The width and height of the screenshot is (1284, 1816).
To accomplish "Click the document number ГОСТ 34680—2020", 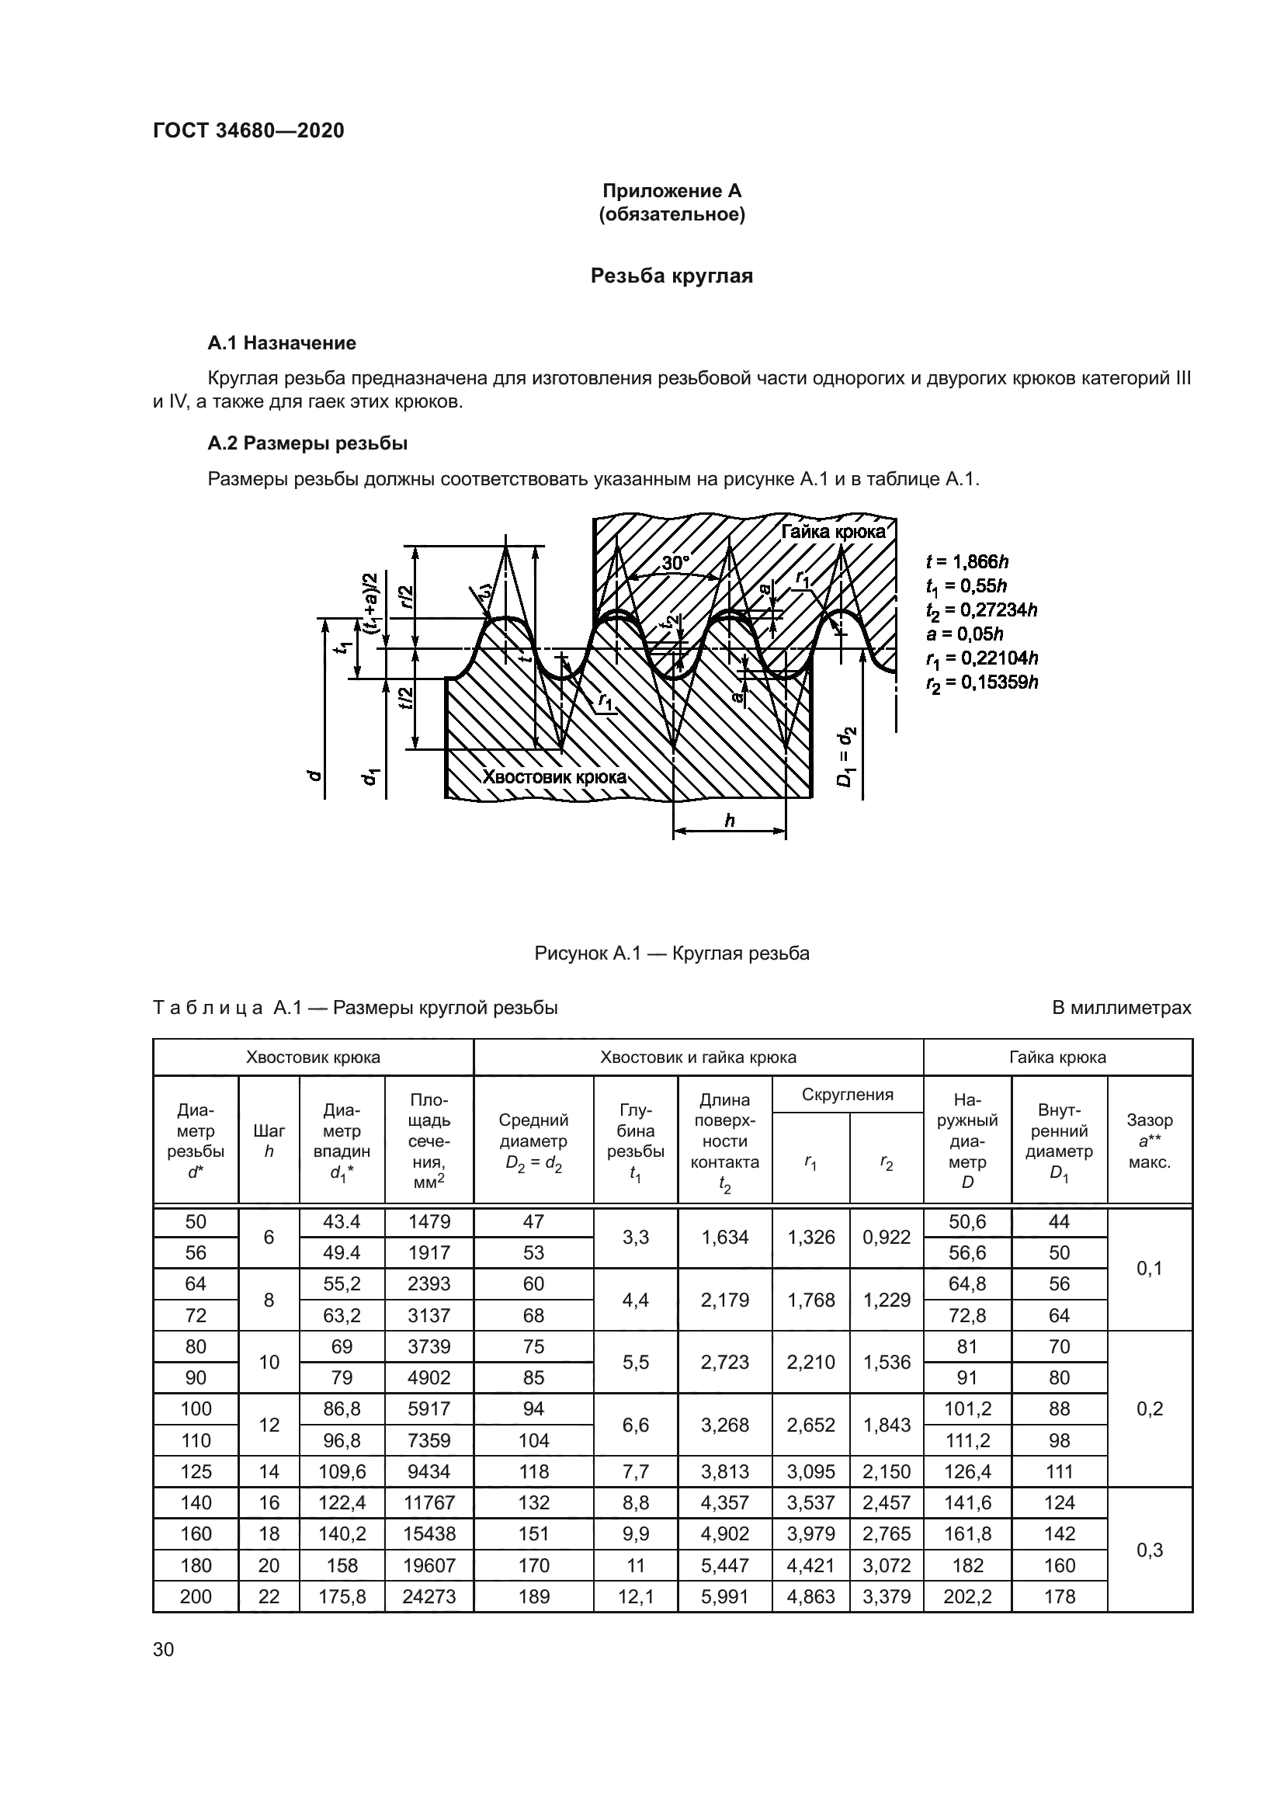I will coord(248,131).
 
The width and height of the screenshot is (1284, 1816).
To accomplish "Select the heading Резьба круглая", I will coord(671,276).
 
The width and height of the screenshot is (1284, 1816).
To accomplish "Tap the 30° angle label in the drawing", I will coord(675,563).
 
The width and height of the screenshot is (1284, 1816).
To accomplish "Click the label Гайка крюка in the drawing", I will coord(833,532).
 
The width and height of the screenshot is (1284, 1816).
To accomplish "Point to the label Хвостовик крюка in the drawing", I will coord(554,776).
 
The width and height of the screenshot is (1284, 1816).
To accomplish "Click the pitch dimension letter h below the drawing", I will coord(729,820).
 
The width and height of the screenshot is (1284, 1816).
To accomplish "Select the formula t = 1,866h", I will coord(967,561).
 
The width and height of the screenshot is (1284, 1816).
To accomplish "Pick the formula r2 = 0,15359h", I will coord(981,682).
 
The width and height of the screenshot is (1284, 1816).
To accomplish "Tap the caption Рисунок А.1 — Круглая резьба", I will coord(671,953).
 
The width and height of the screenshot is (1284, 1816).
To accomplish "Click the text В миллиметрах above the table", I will coord(1120,1008).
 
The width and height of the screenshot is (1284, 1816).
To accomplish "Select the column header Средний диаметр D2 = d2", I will coord(533,1142).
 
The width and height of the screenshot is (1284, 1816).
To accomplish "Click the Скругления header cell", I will coord(847,1095).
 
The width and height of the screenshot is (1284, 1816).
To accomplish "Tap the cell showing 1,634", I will coord(724,1237).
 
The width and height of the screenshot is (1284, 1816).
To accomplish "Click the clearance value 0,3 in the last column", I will coord(1149,1550).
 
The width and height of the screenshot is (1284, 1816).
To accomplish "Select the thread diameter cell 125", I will coord(196,1471).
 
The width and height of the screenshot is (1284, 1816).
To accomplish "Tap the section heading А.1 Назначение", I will coord(282,343).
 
